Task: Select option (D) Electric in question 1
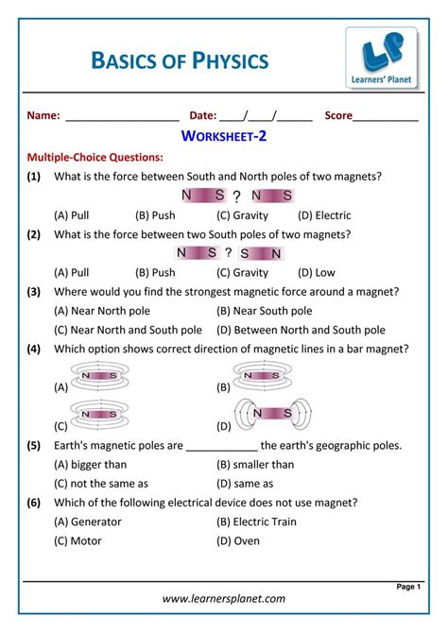pyautogui.click(x=319, y=215)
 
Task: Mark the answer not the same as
pyautogui.click(x=101, y=484)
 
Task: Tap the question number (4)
pyautogui.click(x=34, y=349)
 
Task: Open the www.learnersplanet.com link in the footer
pyautogui.click(x=224, y=599)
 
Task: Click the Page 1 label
pyautogui.click(x=407, y=587)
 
